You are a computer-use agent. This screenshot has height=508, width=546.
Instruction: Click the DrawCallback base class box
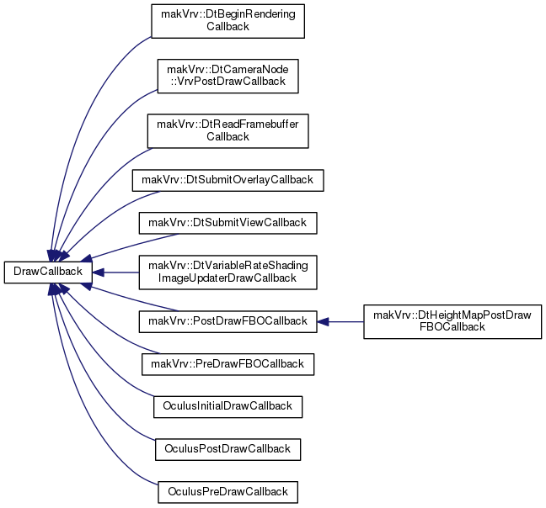(x=48, y=272)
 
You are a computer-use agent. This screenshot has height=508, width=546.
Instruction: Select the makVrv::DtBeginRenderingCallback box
(x=227, y=21)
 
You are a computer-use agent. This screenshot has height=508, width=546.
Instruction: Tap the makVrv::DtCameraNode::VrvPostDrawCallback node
(x=227, y=76)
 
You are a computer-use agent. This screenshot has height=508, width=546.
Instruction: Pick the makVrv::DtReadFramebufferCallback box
(x=227, y=131)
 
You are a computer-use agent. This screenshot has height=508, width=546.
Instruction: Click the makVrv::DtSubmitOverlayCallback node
(x=227, y=180)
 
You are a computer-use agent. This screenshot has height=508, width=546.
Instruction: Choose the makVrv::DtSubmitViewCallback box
(x=227, y=223)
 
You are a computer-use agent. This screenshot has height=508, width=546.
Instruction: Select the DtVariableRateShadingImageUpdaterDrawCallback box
(x=227, y=273)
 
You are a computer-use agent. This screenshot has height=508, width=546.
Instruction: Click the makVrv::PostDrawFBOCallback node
(x=227, y=322)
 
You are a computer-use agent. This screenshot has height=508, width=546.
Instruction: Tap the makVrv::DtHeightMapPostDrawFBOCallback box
(x=452, y=322)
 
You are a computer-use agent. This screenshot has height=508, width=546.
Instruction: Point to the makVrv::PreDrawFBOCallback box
(x=227, y=364)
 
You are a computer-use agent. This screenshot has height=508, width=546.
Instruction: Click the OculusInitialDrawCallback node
(x=227, y=407)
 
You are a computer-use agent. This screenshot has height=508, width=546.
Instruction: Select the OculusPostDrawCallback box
(x=227, y=450)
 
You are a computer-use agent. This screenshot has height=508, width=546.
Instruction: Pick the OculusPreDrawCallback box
(x=227, y=492)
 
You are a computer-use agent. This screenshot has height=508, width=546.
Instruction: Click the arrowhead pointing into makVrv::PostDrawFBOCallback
(x=323, y=322)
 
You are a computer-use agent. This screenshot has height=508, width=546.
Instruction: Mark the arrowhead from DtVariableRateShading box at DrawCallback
(x=98, y=273)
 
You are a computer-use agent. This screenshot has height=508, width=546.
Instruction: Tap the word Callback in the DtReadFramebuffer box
(x=227, y=137)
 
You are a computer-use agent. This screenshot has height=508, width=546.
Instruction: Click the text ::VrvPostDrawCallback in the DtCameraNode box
(x=227, y=82)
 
